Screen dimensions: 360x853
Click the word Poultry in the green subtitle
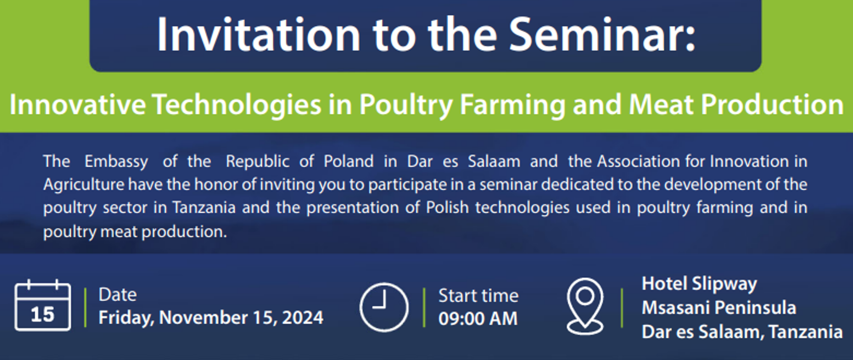[x=406, y=105]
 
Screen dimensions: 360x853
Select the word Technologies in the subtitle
[x=237, y=105]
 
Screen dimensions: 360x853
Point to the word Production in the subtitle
[x=772, y=105]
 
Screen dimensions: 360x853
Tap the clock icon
[x=383, y=307]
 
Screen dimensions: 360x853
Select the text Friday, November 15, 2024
[x=211, y=318]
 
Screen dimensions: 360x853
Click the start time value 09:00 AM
[x=478, y=319]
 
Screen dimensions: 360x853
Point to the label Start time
[x=478, y=296]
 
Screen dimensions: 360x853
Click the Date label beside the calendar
[x=117, y=295]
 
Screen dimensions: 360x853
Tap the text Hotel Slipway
[x=699, y=284]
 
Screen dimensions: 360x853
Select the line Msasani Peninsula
[x=718, y=308]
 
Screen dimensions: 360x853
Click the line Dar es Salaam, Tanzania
[x=741, y=332]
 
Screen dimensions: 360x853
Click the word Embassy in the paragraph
[x=116, y=162]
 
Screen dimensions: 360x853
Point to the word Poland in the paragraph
[x=348, y=161]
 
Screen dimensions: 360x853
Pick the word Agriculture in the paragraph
[x=84, y=185]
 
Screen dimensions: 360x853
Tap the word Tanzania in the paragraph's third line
[x=204, y=208]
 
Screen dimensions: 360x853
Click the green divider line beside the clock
[x=424, y=307]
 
